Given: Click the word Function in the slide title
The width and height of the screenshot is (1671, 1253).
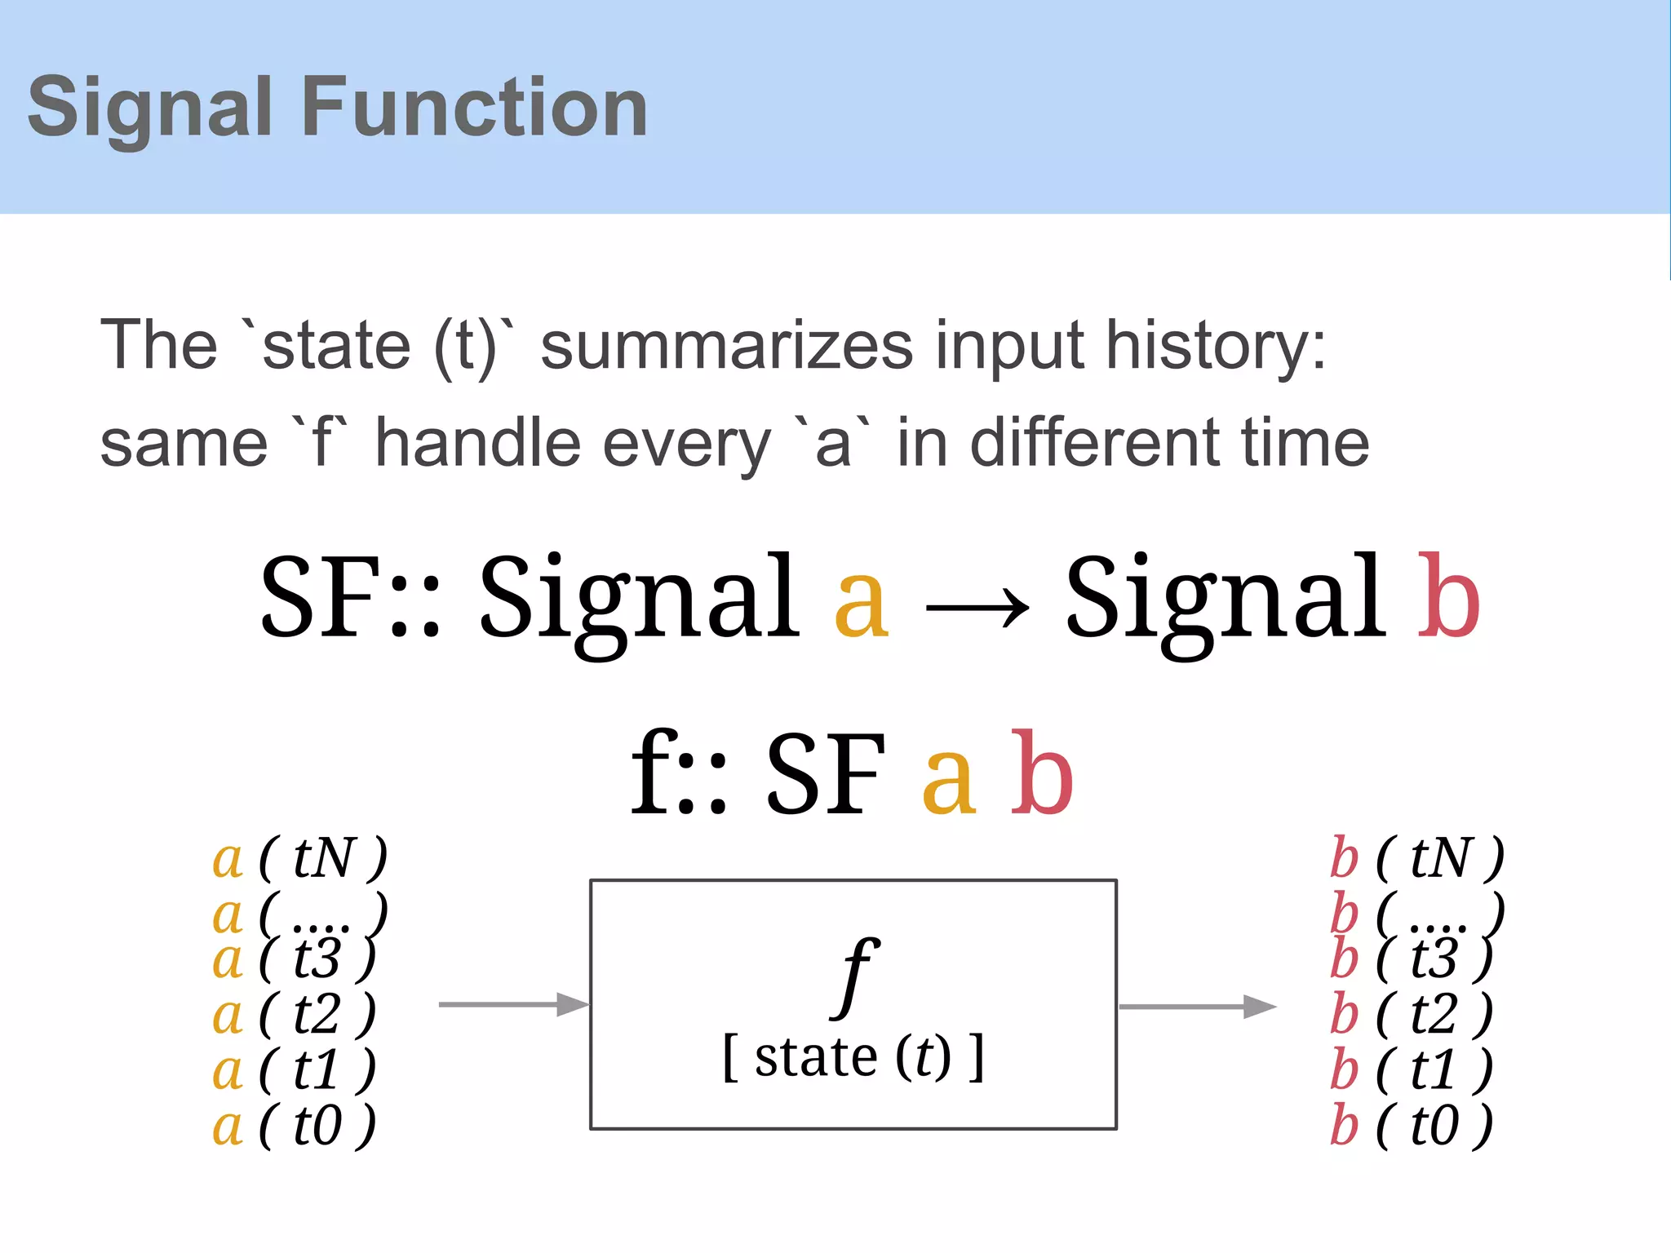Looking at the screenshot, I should pyautogui.click(x=475, y=107).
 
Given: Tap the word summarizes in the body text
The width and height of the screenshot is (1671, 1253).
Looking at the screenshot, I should pyautogui.click(x=727, y=346).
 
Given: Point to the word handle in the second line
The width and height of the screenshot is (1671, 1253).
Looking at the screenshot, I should pyautogui.click(x=479, y=444).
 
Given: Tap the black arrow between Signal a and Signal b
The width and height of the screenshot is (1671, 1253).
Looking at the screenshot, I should pyautogui.click(x=977, y=607).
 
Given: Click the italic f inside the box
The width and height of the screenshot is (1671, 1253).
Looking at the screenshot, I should pyautogui.click(x=854, y=975).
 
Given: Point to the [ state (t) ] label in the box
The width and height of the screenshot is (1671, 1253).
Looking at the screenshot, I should pyautogui.click(x=853, y=1057).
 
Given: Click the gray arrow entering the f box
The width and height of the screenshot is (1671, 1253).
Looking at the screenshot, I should pyautogui.click(x=513, y=1004).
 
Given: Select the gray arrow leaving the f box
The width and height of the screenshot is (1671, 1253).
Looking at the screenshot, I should pyautogui.click(x=1197, y=1007).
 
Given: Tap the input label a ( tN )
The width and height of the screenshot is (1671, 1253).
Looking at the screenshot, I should pyautogui.click(x=299, y=858).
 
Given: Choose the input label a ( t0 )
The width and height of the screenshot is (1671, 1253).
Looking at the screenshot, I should pyautogui.click(x=294, y=1126).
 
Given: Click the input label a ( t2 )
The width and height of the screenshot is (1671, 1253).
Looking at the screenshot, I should pyautogui.click(x=294, y=1014).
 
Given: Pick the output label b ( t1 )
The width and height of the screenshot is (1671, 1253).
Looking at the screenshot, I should pyautogui.click(x=1412, y=1069).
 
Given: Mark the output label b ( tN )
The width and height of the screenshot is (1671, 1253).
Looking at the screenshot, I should pyautogui.click(x=1417, y=858).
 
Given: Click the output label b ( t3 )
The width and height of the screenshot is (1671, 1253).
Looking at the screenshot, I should pyautogui.click(x=1412, y=959).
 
